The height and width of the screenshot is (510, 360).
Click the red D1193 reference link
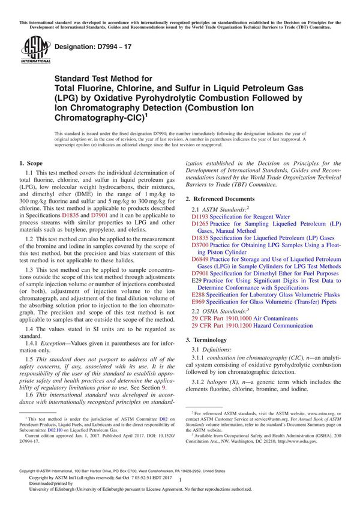pyautogui.click(x=200, y=215)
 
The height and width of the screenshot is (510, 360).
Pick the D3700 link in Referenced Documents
pyautogui.click(x=200, y=245)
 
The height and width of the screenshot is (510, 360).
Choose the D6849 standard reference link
pyautogui.click(x=200, y=259)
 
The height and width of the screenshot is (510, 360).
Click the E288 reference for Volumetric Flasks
pyautogui.click(x=199, y=296)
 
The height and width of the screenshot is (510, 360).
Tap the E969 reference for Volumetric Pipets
pyautogui.click(x=199, y=303)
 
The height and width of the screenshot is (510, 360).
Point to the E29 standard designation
pyautogui.click(x=196, y=281)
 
